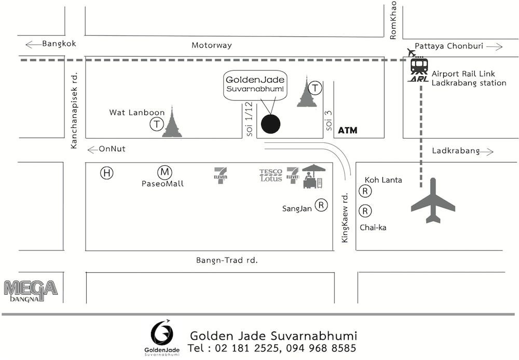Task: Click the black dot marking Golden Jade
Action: click(270, 124)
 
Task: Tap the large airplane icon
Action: click(432, 201)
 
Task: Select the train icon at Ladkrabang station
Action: click(419, 66)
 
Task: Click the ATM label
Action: click(348, 130)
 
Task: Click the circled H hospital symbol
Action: click(107, 173)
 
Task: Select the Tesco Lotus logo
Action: click(271, 175)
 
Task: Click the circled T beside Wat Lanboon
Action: click(156, 124)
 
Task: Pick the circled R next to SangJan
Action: click(322, 206)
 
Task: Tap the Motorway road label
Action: click(212, 45)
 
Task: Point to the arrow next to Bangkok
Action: click(33, 44)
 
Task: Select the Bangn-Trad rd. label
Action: click(227, 259)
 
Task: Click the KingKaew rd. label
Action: click(344, 218)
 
